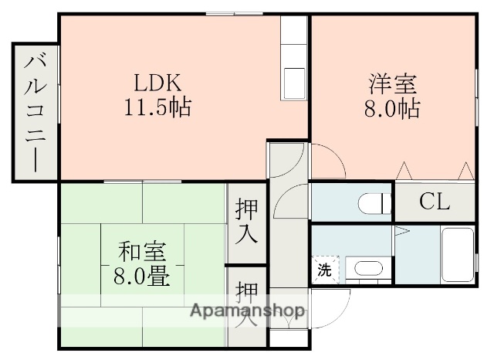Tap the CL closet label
pos(435,202)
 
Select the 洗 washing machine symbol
pos(325,270)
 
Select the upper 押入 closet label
pos(247,221)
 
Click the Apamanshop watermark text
pos(247,313)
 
